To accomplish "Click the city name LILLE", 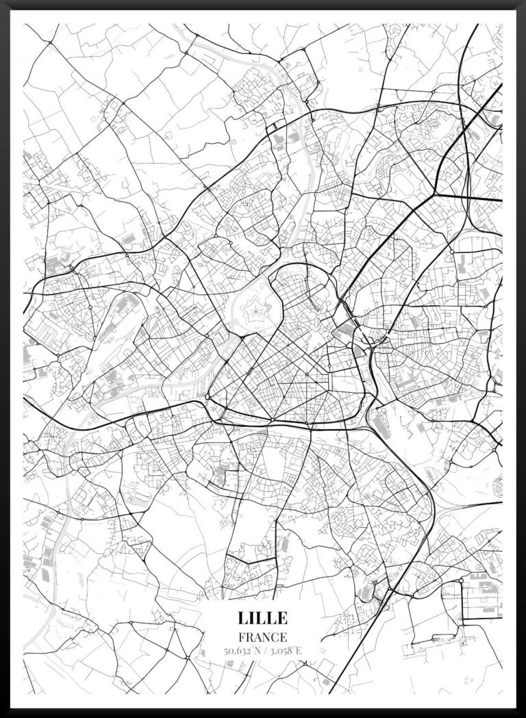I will point(263,617).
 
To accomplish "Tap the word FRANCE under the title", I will point(263,637).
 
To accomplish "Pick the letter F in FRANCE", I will point(242,637).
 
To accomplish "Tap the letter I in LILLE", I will point(252,617).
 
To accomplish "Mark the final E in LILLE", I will point(281,617).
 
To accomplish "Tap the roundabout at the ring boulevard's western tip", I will point(208,396).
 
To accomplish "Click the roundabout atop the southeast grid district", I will point(461,580).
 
